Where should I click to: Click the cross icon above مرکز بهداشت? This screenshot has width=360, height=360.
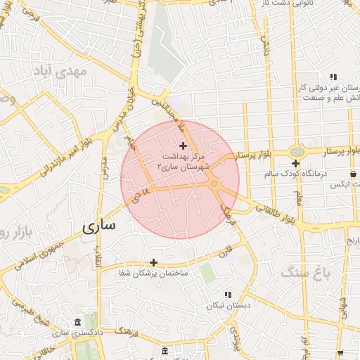click(x=184, y=146)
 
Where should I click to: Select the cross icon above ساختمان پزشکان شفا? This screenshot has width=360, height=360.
click(x=153, y=262)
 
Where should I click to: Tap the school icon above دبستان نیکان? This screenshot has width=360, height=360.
click(x=227, y=295)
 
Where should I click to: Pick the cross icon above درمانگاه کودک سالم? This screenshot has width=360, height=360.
click(x=296, y=163)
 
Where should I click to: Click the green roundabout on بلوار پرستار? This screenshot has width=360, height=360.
click(x=296, y=151)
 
